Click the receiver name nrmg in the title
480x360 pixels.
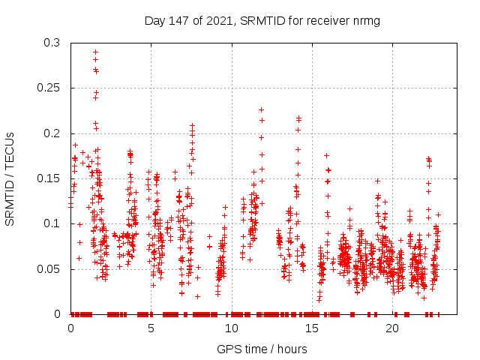365,21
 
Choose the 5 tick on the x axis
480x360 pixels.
151,328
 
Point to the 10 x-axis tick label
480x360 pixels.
231,328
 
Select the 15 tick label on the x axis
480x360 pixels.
311,328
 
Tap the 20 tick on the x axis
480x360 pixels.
392,328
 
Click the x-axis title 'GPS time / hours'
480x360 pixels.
262,349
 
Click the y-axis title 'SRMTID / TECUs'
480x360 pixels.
10,178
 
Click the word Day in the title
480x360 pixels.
154,21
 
